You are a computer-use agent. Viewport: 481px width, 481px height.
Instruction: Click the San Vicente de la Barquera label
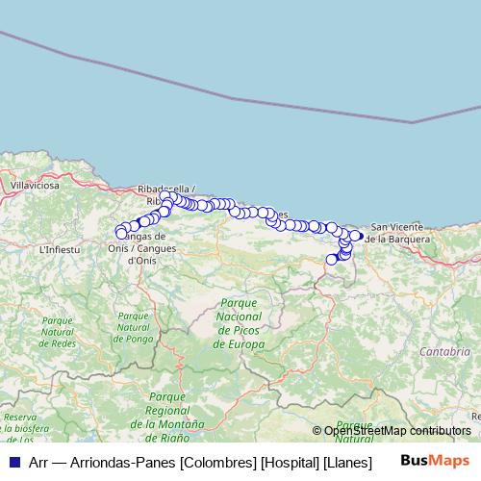[x=399, y=231]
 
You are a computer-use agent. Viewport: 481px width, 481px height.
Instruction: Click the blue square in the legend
[x=13, y=461]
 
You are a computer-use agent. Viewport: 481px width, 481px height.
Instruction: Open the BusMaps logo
[x=436, y=461]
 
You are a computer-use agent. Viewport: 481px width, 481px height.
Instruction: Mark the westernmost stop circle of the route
[x=121, y=233]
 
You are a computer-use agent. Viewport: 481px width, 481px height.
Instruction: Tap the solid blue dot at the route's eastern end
[x=359, y=236]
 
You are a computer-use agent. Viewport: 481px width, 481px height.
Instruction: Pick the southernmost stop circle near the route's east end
[x=332, y=259]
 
